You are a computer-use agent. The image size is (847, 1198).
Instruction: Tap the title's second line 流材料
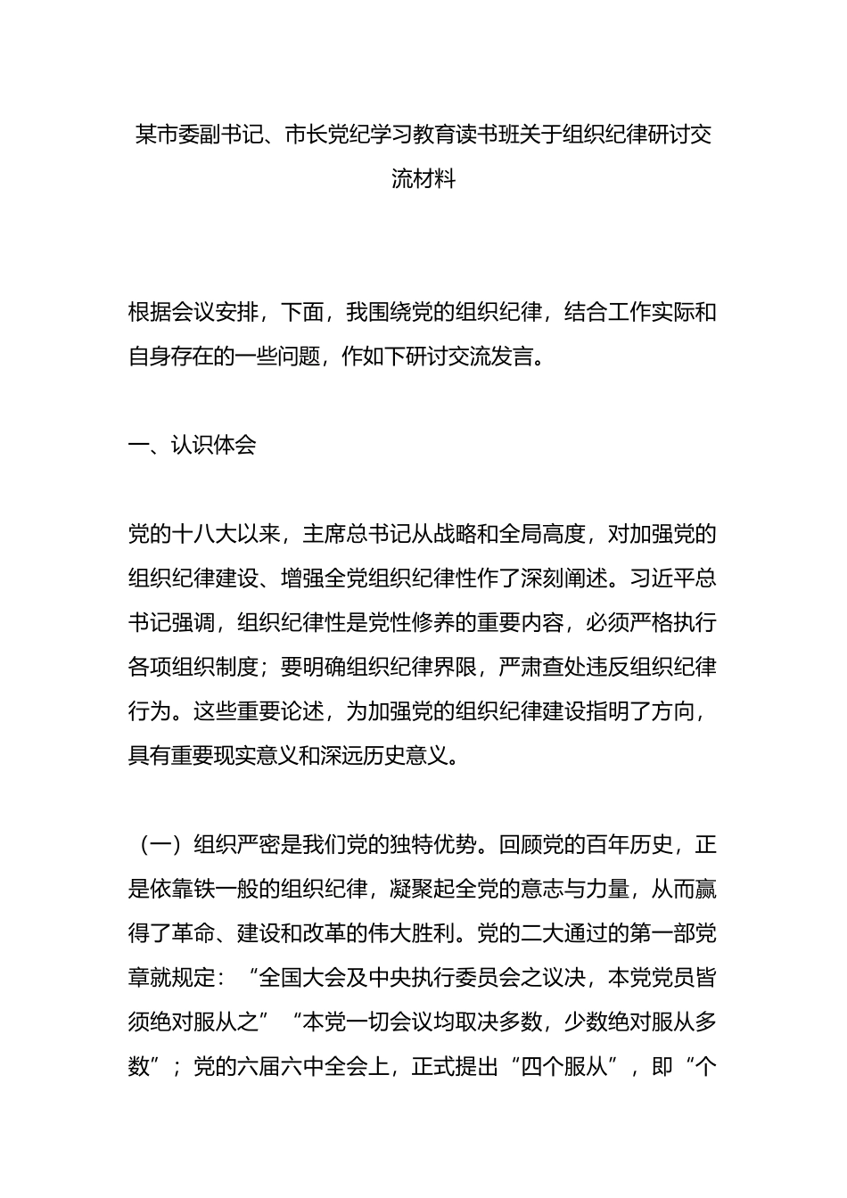423,179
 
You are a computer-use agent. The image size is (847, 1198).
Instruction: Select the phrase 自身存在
171,357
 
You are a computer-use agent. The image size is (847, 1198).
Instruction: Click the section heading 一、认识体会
192,446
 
